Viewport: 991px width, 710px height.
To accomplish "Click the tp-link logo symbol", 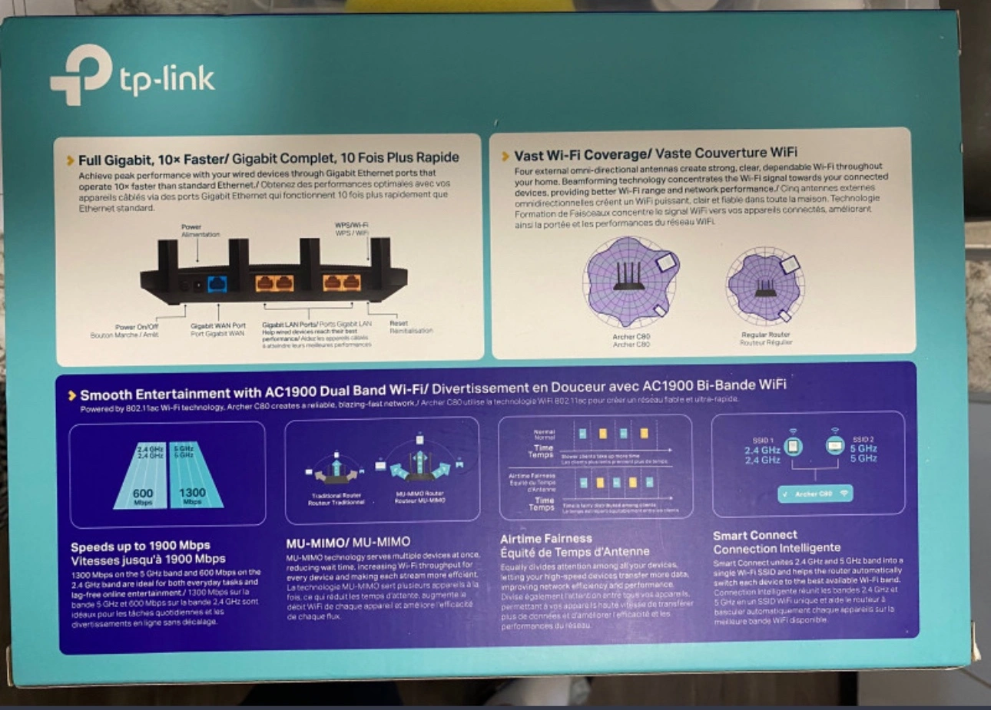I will tap(80, 74).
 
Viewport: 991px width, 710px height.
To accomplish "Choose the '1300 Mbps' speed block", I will tap(192, 494).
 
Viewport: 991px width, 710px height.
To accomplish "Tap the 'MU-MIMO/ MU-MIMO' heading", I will tap(348, 542).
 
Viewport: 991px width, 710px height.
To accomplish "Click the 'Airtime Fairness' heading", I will tap(545, 538).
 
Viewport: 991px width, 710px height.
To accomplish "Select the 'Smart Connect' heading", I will tap(754, 535).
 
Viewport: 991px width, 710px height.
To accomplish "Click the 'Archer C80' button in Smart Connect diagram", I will tap(814, 494).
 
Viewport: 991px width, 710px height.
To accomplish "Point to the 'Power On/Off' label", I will tap(137, 327).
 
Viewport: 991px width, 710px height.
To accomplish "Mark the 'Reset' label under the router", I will tap(399, 323).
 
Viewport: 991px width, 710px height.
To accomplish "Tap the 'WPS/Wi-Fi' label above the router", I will tap(352, 225).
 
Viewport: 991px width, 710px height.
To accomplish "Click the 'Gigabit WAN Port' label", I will tap(218, 325).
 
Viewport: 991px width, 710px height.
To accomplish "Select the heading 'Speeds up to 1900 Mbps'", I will tap(140, 546).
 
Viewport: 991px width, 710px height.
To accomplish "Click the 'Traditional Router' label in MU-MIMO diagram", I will tap(336, 495).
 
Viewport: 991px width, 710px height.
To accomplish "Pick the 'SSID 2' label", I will tap(863, 439).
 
